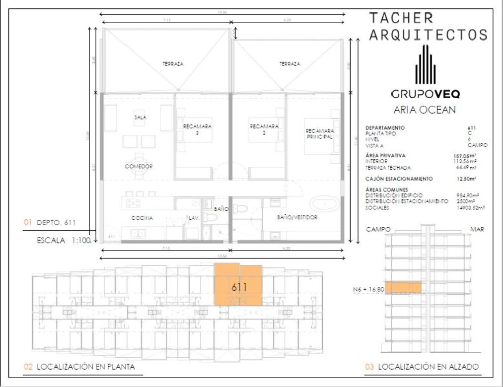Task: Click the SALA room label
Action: [140, 118]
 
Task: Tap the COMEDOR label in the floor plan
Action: [139, 167]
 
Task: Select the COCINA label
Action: [142, 218]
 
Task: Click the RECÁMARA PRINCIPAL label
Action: [319, 133]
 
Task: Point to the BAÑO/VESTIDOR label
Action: [297, 217]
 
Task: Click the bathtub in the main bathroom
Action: [323, 203]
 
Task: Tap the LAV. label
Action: [193, 218]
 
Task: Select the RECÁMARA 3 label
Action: [197, 129]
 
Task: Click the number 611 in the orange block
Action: [239, 287]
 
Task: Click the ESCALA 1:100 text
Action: [64, 241]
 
